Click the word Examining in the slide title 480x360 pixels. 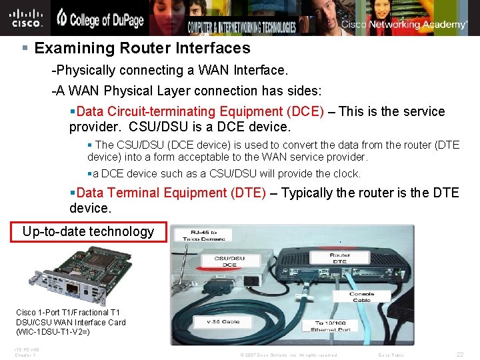click(70, 48)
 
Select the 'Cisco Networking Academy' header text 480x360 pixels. click(405, 25)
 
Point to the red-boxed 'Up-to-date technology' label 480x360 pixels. click(88, 231)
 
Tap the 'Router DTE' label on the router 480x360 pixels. click(340, 259)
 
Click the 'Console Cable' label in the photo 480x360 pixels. click(362, 297)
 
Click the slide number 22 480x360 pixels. click(460, 355)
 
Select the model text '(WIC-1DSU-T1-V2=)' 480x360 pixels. click(53, 332)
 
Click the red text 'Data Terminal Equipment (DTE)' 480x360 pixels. click(171, 193)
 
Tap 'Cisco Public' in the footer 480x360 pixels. click(391, 355)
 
